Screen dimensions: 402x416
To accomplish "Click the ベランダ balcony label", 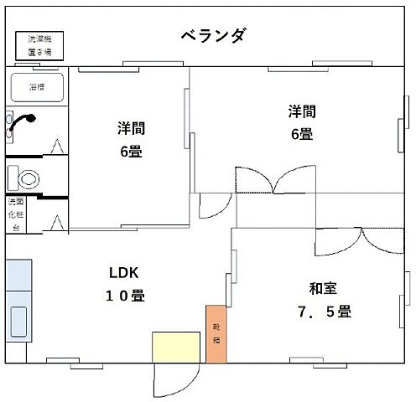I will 214,35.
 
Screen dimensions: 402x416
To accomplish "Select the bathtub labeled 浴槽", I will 38,88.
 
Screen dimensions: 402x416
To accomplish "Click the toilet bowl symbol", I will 29,178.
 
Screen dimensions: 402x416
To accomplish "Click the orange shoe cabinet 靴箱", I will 216,333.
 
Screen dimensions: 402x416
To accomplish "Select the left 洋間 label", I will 131,128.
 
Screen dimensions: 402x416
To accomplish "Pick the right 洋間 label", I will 302,111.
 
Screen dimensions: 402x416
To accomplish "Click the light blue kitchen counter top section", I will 18,274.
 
